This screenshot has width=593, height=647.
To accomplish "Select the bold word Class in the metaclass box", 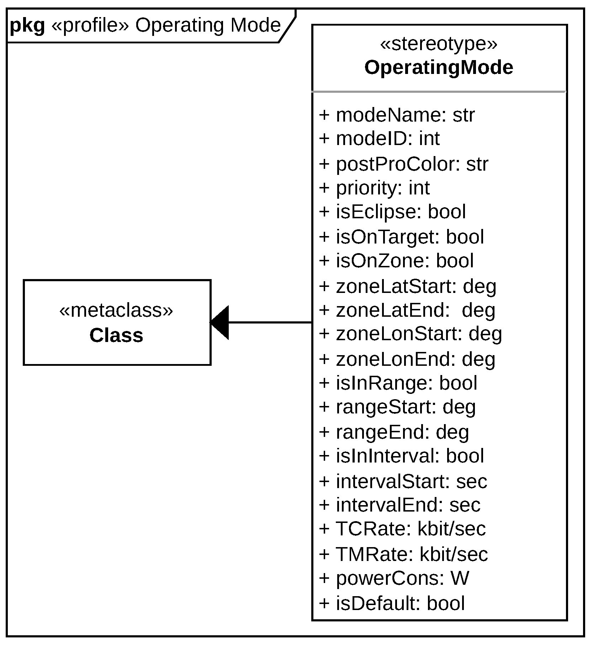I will point(116,335).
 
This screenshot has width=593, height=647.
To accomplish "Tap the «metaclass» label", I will point(116,310).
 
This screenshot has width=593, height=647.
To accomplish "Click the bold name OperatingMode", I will point(439,68).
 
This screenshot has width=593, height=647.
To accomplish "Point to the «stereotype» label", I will point(439,44).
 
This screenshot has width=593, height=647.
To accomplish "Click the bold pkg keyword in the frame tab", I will point(27,26).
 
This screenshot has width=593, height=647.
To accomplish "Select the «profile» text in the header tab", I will point(90,26).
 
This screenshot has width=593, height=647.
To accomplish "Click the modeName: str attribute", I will point(397,115).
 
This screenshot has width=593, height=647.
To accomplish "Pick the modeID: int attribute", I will point(379,138).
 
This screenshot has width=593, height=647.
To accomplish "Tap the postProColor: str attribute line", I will point(403,164).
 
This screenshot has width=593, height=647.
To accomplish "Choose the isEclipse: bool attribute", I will point(392,212).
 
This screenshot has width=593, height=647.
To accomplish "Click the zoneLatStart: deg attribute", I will point(407,286).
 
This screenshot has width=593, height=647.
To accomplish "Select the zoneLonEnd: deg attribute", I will point(407,359).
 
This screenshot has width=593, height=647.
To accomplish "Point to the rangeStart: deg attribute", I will point(397,407).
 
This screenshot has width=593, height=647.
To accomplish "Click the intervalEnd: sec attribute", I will point(399,505).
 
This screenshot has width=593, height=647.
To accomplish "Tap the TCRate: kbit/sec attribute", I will point(402,529).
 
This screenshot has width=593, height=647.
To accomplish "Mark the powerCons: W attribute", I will point(394,578).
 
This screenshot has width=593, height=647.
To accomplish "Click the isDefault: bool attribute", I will point(392,603).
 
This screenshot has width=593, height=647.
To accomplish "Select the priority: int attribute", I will point(374,188).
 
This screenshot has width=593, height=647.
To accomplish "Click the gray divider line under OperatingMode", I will point(439,92).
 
